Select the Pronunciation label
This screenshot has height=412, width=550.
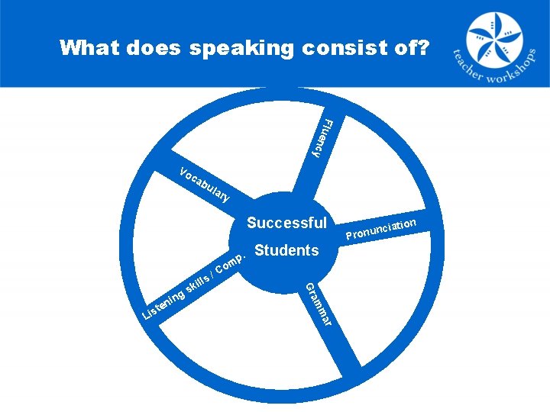click(x=380, y=228)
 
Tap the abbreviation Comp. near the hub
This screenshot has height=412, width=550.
click(x=230, y=263)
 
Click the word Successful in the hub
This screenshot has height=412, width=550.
click(x=286, y=224)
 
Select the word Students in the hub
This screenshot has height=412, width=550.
click(x=286, y=250)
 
